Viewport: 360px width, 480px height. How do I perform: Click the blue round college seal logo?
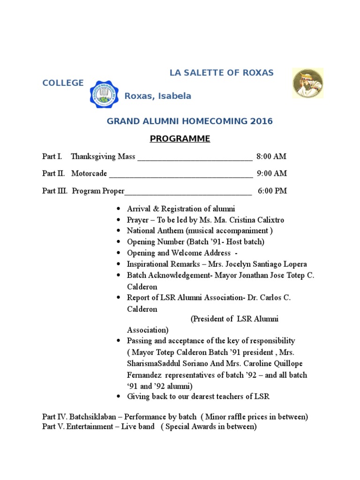(104, 94)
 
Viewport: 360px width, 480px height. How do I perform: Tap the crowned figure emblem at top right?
(307, 83)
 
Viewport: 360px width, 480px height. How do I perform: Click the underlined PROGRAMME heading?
(180, 139)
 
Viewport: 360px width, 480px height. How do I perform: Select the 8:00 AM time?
(271, 156)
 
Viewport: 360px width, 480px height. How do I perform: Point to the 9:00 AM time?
(272, 173)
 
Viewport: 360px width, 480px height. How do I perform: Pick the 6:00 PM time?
(272, 191)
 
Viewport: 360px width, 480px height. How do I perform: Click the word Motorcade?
(89, 173)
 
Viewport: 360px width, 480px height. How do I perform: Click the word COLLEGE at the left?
(63, 83)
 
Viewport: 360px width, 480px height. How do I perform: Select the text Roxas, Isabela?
(157, 96)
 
